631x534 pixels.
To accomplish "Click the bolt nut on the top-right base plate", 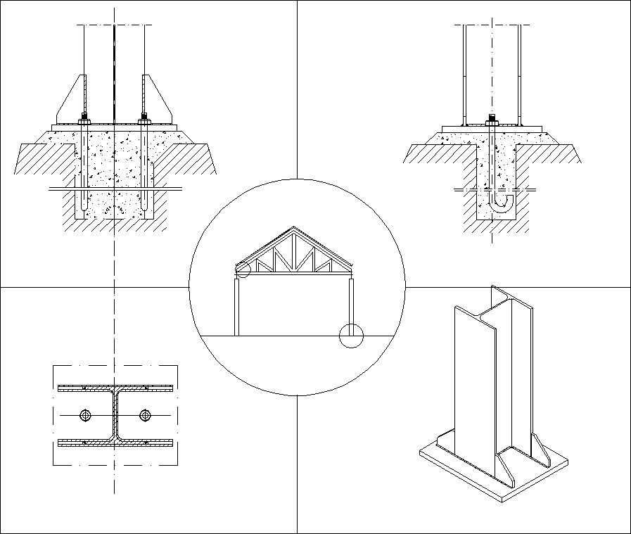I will pyautogui.click(x=491, y=120).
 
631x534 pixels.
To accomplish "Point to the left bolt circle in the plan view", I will pyautogui.click(x=85, y=415).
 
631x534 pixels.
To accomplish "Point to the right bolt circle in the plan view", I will pyautogui.click(x=145, y=415).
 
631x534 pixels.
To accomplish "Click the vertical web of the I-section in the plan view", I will pyautogui.click(x=115, y=415).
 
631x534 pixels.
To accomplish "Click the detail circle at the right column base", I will pyautogui.click(x=350, y=336).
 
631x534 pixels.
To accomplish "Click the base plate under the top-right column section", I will pyautogui.click(x=492, y=128).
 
